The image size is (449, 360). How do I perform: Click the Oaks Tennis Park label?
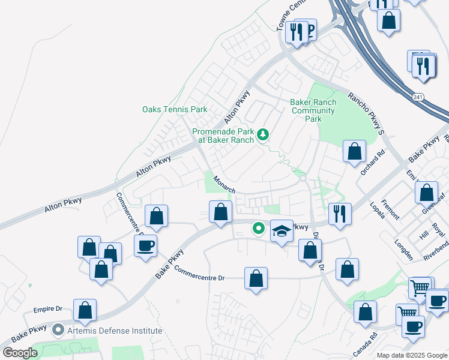pyautogui.click(x=175, y=109)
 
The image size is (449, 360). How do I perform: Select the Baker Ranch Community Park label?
pyautogui.click(x=313, y=110)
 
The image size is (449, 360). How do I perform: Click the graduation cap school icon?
pyautogui.click(x=282, y=231)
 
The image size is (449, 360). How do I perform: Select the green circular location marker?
pyautogui.click(x=259, y=228)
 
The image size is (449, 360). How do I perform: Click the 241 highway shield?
pyautogui.click(x=418, y=97)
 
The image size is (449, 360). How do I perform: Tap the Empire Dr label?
pyautogui.click(x=48, y=309)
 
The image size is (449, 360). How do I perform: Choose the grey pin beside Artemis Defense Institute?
pyautogui.click(x=58, y=330)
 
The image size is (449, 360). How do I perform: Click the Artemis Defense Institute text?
pyautogui.click(x=114, y=331)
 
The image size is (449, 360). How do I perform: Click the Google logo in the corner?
pyautogui.click(x=20, y=353)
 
